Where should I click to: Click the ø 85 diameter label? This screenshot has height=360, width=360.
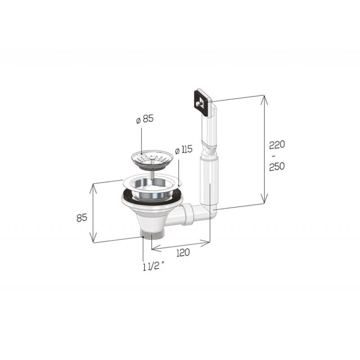[x=144, y=119]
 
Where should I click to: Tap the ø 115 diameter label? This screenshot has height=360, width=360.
[x=184, y=150]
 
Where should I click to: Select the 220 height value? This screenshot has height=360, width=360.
[x=277, y=144]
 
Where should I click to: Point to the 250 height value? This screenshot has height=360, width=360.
[x=277, y=166]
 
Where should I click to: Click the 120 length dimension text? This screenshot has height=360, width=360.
[x=183, y=252]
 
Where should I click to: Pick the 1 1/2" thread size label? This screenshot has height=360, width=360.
[x=153, y=267]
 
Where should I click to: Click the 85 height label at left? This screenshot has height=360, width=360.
[x=82, y=217]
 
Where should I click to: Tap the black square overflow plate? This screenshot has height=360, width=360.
[x=202, y=101]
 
